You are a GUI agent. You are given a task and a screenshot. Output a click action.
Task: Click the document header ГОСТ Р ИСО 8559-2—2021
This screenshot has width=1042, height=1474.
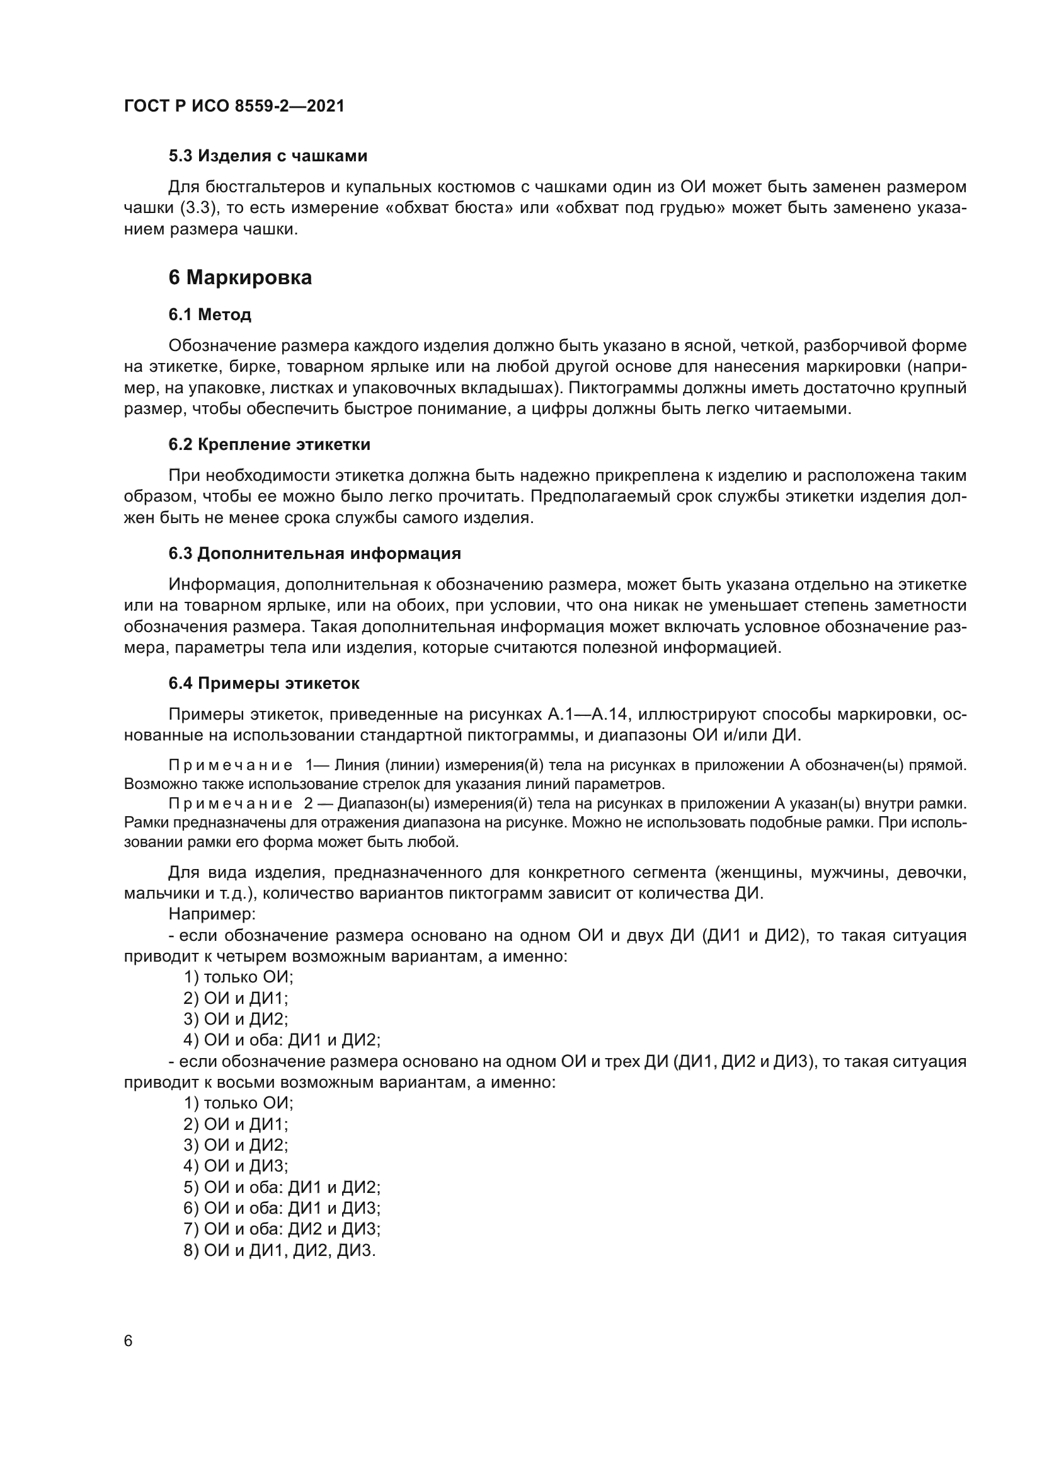tap(234, 106)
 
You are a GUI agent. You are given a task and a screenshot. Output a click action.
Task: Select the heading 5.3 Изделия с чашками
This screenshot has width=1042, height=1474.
tap(268, 156)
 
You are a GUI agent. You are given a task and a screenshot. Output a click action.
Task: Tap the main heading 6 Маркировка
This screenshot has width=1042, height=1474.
tap(240, 277)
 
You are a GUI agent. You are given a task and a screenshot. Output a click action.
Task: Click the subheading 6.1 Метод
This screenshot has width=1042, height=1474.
tap(210, 314)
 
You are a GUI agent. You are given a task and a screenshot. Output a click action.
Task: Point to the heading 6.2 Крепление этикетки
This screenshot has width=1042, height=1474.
tap(269, 444)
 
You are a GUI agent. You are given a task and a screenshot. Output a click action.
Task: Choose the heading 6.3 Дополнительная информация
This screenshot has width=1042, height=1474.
tap(314, 553)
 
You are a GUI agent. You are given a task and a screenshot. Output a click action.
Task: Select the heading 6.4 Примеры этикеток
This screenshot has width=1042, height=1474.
tap(264, 683)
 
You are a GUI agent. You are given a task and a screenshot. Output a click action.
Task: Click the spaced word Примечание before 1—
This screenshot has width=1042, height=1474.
tap(231, 765)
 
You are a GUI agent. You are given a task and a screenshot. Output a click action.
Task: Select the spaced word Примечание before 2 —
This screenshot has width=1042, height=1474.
tap(231, 803)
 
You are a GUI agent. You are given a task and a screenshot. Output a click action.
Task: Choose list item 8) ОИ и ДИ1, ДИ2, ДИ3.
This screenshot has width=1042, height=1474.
tap(279, 1250)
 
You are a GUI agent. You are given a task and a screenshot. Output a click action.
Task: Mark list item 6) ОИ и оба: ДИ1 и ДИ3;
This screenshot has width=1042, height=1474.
tap(282, 1208)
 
